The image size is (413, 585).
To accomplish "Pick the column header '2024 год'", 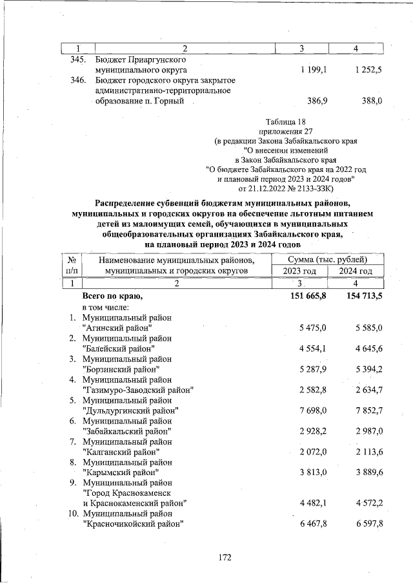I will click(356, 271).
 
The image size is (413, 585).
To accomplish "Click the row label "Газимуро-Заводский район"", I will click(139, 390).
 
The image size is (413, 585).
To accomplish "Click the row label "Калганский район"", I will click(121, 452).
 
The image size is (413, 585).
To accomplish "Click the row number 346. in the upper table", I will click(77, 80).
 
